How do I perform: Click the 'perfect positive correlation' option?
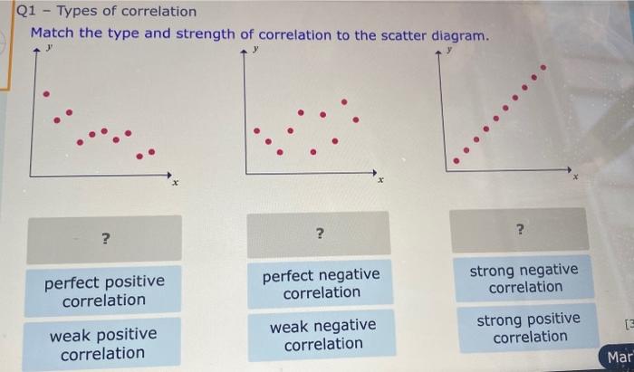point(105,291)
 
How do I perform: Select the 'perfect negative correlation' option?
point(321,283)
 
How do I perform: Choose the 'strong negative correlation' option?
point(524,278)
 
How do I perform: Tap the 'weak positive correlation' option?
point(103,344)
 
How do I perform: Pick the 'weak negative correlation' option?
point(322,334)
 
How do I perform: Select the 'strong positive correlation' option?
point(530,328)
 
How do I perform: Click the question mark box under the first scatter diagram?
point(105,239)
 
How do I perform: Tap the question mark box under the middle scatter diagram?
point(319,234)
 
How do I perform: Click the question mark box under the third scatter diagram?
point(520,230)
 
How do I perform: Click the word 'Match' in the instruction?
point(51,34)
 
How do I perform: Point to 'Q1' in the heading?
point(27,11)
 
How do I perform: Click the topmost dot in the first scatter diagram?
point(47,93)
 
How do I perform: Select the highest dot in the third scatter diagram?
point(543,67)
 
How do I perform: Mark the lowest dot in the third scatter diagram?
point(456,161)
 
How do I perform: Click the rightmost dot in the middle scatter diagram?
point(356,119)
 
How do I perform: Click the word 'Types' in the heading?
point(79,11)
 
